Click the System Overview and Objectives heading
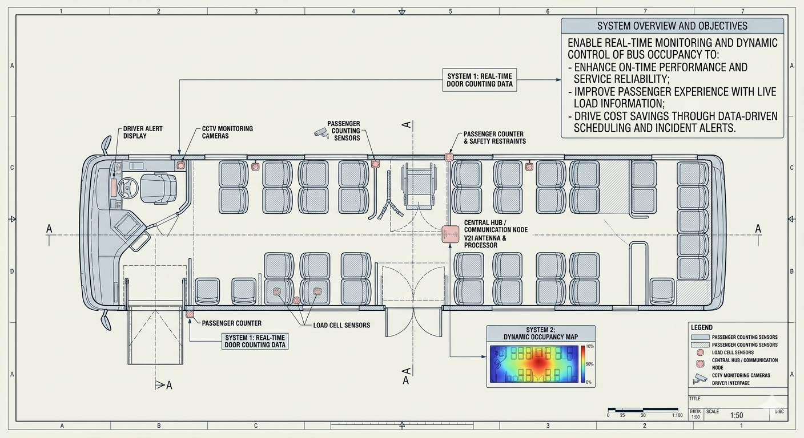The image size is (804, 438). point(672,26)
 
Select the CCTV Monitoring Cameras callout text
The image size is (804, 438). point(227,132)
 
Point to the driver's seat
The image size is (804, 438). point(158,188)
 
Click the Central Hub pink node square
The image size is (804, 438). point(451,234)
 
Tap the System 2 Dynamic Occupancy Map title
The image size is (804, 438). point(540,333)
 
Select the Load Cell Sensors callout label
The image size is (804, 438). point(341,325)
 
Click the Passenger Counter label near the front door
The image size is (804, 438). point(232,323)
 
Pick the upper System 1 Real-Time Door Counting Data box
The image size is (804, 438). point(479,80)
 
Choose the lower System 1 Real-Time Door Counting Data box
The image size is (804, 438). point(255,341)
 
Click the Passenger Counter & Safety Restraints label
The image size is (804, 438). point(495,137)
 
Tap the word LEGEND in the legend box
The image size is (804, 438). point(701,327)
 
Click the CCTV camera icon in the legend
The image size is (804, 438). point(700,378)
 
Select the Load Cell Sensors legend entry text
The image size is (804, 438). point(733,352)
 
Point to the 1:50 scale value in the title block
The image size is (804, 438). point(737,416)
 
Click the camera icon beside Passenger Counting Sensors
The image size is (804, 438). point(321,132)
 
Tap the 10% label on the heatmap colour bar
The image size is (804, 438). point(590,347)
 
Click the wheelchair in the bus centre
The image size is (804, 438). point(419,186)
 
